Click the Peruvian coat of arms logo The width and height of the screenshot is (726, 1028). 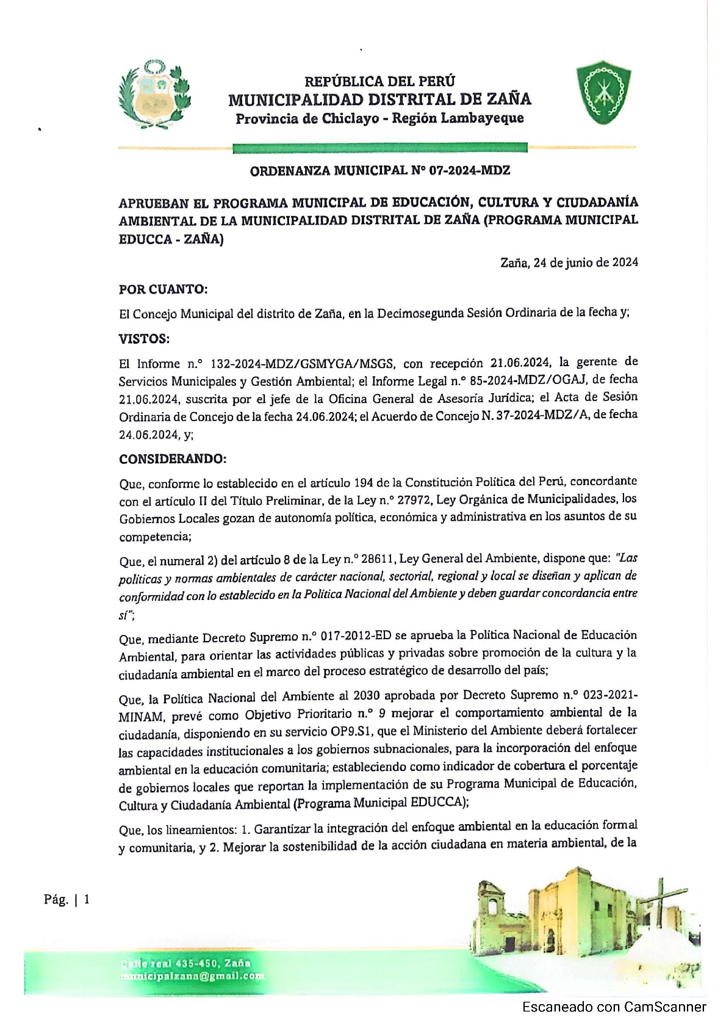click(x=154, y=92)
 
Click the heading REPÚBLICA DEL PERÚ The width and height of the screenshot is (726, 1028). click(x=380, y=81)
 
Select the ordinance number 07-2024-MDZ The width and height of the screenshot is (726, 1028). click(x=469, y=171)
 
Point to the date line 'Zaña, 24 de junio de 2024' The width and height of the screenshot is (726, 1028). click(x=569, y=262)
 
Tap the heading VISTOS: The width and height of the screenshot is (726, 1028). click(x=144, y=338)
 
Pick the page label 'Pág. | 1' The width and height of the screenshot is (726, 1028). click(x=66, y=899)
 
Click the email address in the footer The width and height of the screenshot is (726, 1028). click(x=193, y=976)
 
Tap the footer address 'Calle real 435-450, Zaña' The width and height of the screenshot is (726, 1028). click(x=186, y=963)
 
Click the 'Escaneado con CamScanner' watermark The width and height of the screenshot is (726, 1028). click(x=614, y=1008)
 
